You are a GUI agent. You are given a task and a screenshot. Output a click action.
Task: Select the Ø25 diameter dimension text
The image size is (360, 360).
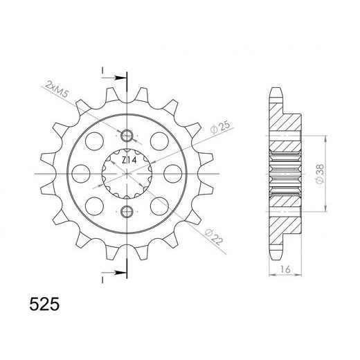[220, 127]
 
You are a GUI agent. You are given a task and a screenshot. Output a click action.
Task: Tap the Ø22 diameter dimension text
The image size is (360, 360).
[214, 237]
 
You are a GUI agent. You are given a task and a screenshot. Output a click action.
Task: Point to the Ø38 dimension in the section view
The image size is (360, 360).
[320, 174]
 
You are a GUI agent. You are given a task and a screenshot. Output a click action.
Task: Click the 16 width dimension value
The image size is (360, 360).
[285, 269]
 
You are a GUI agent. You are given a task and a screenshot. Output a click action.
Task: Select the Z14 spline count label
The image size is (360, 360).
[129, 160]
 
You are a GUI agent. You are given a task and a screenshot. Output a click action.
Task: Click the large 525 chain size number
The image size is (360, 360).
[44, 305]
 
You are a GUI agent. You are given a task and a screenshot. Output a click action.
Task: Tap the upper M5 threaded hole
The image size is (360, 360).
[127, 136]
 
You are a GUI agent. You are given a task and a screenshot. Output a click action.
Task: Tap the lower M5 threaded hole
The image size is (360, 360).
[127, 211]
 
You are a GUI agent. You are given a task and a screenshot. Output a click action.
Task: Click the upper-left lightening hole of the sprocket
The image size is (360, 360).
[94, 141]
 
